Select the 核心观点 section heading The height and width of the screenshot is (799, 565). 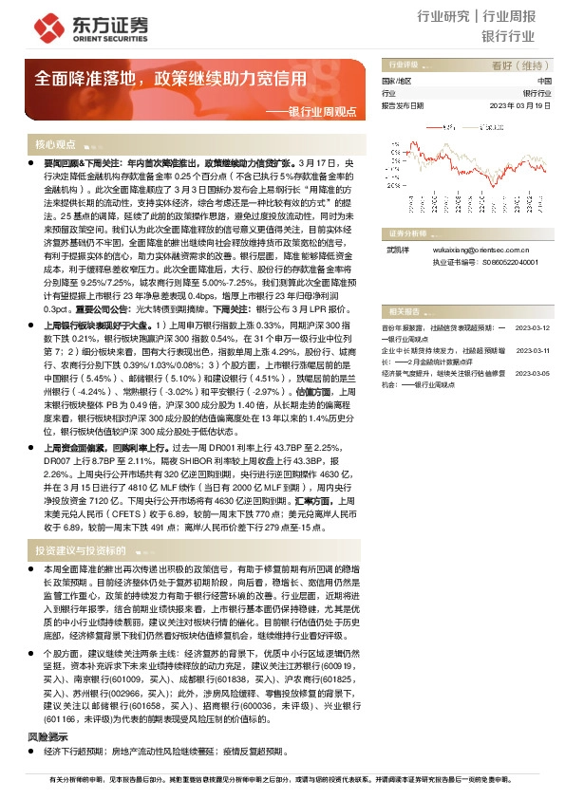pyautogui.click(x=55, y=145)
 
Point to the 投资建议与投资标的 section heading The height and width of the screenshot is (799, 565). pyautogui.click(x=80, y=549)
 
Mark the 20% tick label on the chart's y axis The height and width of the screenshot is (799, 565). pyautogui.click(x=392, y=130)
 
